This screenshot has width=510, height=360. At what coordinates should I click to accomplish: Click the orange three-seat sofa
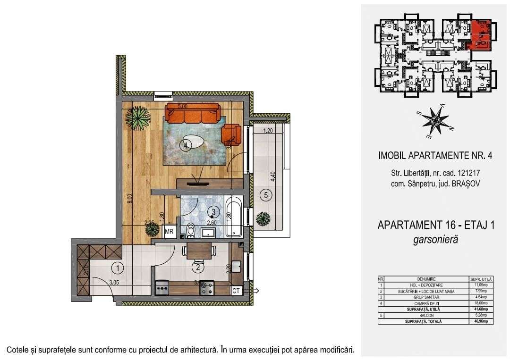click(x=192, y=114)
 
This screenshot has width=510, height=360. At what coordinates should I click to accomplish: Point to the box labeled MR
click(x=169, y=232)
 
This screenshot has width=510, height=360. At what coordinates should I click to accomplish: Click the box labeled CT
click(x=236, y=291)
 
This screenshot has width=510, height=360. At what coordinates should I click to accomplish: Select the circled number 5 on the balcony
click(x=266, y=194)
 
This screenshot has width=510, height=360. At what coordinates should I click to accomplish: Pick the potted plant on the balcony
click(x=263, y=219)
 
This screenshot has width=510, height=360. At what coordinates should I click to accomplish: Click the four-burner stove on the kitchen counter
click(x=207, y=288)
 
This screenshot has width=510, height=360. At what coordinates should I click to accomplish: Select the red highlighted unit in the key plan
click(x=482, y=35)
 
